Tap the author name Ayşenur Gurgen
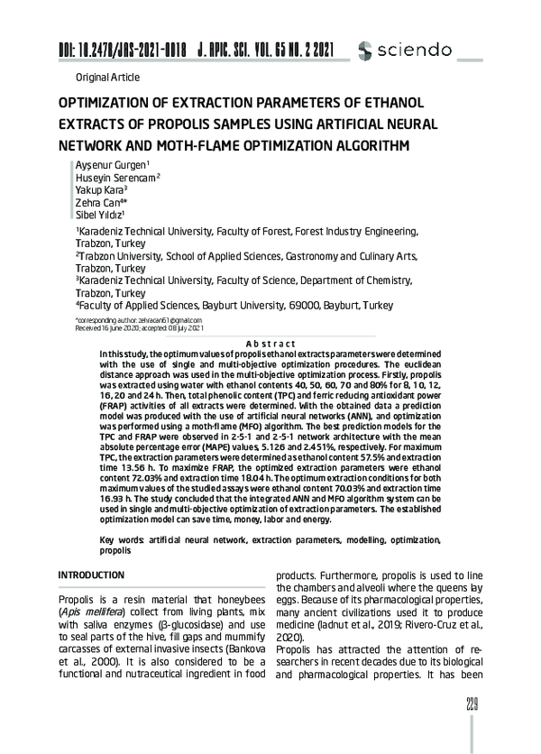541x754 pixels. click(x=106, y=169)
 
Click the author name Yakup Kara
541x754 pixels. click(x=101, y=192)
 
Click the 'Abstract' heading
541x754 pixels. click(x=270, y=344)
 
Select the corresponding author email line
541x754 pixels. click(x=138, y=320)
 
